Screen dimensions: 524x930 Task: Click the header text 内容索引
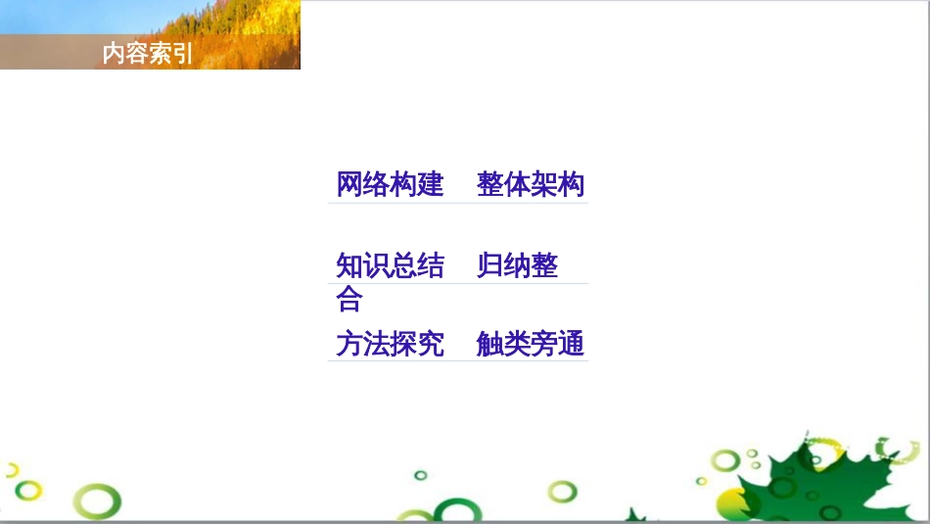tap(148, 54)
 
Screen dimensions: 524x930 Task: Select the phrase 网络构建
tap(390, 184)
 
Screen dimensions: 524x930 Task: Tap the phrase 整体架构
tap(531, 184)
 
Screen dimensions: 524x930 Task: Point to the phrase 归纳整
tap(517, 265)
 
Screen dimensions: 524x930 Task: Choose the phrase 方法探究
tap(390, 344)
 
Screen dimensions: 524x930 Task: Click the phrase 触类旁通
tap(531, 344)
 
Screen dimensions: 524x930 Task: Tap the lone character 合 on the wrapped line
tap(349, 298)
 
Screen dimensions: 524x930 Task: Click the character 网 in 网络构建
tap(349, 184)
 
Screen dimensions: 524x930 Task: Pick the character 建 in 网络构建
tap(431, 184)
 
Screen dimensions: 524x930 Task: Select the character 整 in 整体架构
tap(490, 184)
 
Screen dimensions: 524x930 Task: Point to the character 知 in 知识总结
tap(349, 265)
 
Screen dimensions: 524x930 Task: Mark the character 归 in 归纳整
tap(490, 265)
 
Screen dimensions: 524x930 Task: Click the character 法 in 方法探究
tap(377, 344)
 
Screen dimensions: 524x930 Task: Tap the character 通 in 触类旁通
tap(571, 344)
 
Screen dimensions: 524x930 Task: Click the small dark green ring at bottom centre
tap(421, 475)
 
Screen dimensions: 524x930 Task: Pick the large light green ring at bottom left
tap(97, 501)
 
